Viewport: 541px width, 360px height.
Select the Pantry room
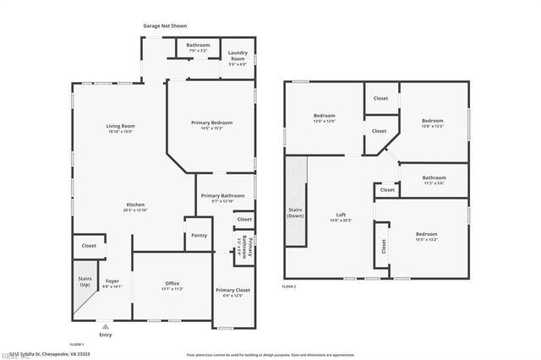pyautogui.click(x=199, y=235)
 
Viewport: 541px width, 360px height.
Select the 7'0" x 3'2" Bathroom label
pyautogui.click(x=198, y=47)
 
